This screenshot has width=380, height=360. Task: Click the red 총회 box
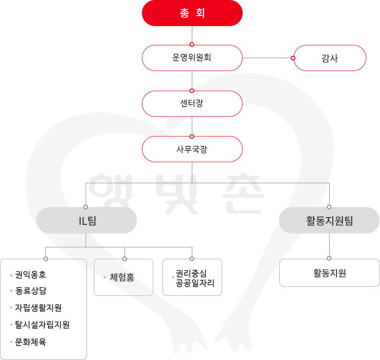pyautogui.click(x=192, y=13)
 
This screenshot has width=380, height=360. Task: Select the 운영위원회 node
pyautogui.click(x=192, y=58)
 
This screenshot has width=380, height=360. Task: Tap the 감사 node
pyautogui.click(x=330, y=58)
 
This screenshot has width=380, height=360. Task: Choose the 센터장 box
pyautogui.click(x=192, y=104)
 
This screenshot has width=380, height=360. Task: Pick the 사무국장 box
pyautogui.click(x=192, y=149)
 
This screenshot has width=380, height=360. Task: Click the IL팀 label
pyautogui.click(x=87, y=220)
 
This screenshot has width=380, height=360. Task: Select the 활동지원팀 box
pyautogui.click(x=329, y=220)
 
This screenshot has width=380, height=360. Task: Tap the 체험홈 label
pyautogui.click(x=122, y=277)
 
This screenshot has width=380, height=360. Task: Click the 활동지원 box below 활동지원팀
pyautogui.click(x=329, y=273)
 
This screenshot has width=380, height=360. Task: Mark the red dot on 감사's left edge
pyautogui.click(x=293, y=58)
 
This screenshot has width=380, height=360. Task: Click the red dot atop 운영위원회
pyautogui.click(x=192, y=44)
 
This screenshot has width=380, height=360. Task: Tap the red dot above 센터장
pyautogui.click(x=192, y=90)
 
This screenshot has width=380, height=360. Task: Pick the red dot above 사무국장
pyautogui.click(x=192, y=136)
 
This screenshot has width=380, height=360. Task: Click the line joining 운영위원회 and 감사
pyautogui.click(x=267, y=58)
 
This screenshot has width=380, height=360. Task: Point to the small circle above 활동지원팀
pyautogui.click(x=329, y=207)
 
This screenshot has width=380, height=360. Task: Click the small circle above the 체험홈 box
pyautogui.click(x=124, y=259)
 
